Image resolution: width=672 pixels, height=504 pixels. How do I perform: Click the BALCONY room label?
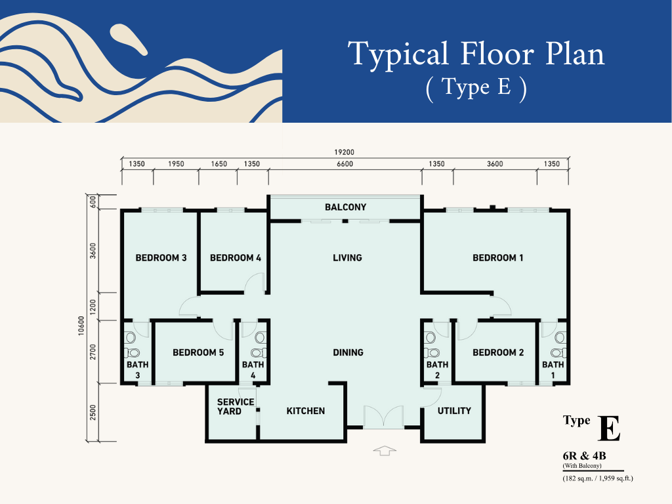click(x=345, y=207)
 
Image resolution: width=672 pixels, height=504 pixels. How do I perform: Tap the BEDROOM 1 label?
click(x=497, y=257)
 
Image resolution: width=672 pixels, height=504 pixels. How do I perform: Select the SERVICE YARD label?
click(x=236, y=406)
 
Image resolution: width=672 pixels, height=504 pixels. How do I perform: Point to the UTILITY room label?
click(x=454, y=411)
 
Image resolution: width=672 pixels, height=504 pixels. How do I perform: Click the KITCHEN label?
click(x=306, y=411)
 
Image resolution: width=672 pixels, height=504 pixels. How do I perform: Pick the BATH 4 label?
click(x=253, y=370)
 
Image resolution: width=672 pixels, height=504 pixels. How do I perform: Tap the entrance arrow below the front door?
click(x=385, y=450)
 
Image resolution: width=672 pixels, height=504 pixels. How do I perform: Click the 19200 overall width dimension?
click(x=344, y=152)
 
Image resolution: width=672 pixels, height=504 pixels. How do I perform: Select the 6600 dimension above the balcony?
click(x=345, y=163)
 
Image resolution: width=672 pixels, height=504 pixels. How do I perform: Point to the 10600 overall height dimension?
click(x=81, y=325)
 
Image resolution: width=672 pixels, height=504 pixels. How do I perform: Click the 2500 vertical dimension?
click(x=93, y=412)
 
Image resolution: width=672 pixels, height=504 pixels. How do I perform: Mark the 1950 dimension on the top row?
click(x=176, y=163)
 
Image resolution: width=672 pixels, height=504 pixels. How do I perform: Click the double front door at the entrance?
click(x=383, y=417)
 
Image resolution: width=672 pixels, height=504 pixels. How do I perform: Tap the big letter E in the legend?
click(x=609, y=428)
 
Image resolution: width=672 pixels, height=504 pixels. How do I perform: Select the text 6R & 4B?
click(x=584, y=455)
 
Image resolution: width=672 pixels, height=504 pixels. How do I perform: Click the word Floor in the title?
click(x=497, y=54)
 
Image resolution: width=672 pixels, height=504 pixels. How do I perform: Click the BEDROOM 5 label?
click(x=198, y=352)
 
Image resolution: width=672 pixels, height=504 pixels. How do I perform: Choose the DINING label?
click(x=348, y=352)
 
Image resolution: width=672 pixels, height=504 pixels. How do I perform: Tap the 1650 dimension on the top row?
click(x=219, y=163)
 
